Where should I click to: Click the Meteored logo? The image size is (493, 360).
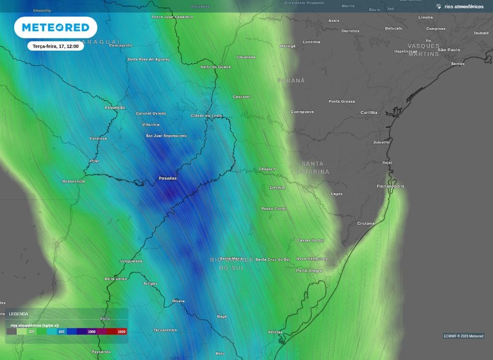[x=55, y=27]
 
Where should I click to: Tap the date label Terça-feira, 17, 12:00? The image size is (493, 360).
[x=55, y=46]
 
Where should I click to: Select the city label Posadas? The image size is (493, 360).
[x=168, y=179]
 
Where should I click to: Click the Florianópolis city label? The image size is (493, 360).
[x=390, y=186]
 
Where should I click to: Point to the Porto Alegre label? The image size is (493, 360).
[x=309, y=270]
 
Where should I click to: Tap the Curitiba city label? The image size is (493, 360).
[x=369, y=113]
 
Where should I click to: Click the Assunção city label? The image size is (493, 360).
[x=115, y=107]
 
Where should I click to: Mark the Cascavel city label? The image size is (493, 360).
[x=242, y=97]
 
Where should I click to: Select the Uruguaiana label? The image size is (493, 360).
[x=131, y=261]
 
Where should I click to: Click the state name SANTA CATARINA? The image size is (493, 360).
[x=312, y=167]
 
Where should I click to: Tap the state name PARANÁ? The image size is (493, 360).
[x=291, y=80]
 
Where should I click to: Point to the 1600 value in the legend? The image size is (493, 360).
[x=121, y=332]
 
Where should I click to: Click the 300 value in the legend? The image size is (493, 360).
[x=31, y=332]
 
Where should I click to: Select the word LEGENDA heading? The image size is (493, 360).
[x=19, y=314]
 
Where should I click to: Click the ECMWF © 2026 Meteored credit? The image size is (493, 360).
[x=463, y=336]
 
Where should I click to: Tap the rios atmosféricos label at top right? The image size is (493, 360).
[x=464, y=7]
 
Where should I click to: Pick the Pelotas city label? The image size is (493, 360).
[x=275, y=333]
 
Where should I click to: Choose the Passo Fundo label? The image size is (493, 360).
[x=273, y=209]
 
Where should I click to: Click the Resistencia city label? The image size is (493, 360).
[x=74, y=181]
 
